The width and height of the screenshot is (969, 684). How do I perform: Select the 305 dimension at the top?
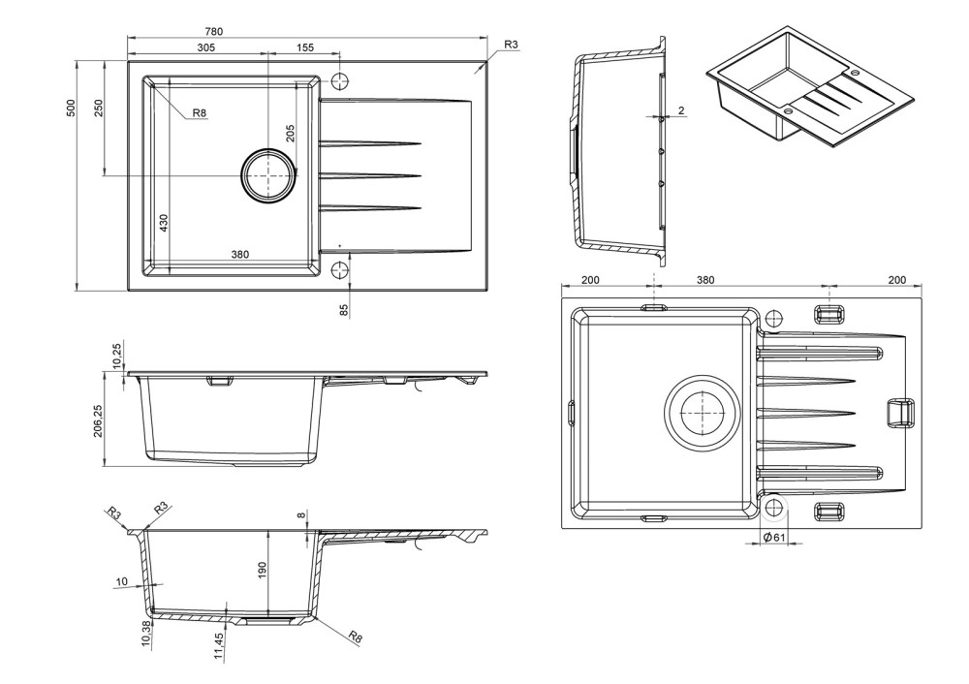[x=205, y=47]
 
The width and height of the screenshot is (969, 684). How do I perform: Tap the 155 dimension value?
[x=304, y=47]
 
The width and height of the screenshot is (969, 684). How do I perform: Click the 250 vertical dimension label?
[x=99, y=109]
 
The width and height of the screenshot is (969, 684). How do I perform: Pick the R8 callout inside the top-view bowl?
[x=199, y=112]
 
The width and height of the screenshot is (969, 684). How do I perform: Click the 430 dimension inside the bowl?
[x=164, y=223]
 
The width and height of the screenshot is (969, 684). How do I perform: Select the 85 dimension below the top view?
[x=344, y=310]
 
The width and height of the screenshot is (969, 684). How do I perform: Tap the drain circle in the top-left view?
[x=268, y=175]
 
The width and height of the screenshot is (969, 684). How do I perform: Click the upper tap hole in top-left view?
[x=340, y=81]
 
